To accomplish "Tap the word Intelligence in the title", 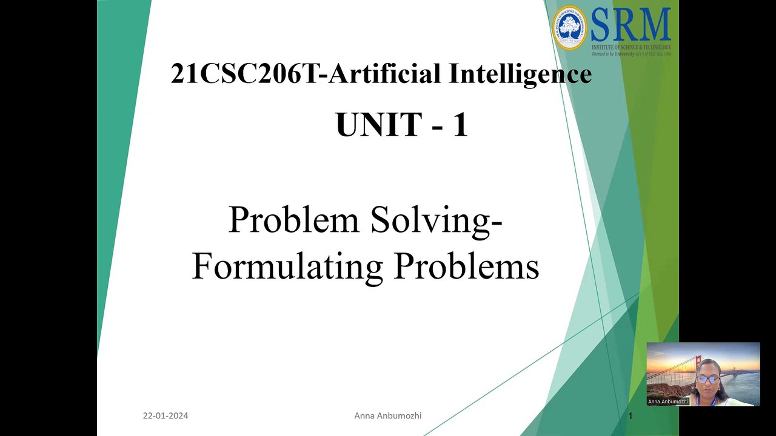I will [520, 74].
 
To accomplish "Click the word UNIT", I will [378, 125].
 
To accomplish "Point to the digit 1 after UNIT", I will [460, 125].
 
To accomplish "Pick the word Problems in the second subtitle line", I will [466, 266].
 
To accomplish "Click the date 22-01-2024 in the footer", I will [166, 415].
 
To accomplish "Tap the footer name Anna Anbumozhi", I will [388, 415].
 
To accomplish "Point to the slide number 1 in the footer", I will [630, 415].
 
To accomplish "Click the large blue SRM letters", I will [630, 25].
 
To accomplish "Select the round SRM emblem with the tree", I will [570, 27].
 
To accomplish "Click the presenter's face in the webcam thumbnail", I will [707, 377].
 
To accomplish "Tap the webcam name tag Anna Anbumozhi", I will [667, 401].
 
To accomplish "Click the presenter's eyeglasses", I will [707, 378].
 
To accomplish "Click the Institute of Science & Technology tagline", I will [631, 47].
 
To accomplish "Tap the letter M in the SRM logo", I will [655, 25].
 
